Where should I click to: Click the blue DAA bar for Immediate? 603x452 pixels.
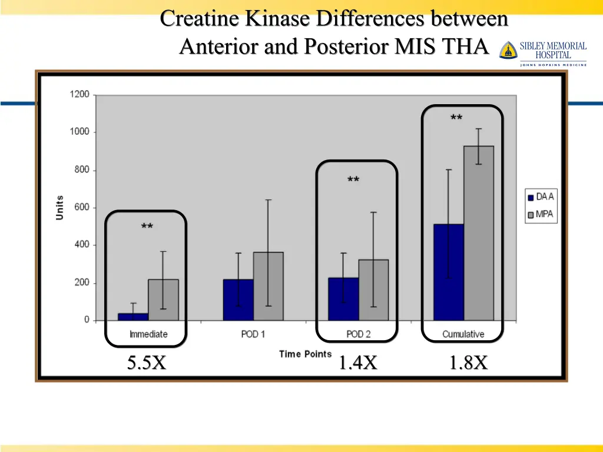(x=133, y=317)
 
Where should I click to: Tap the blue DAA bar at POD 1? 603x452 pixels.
(x=238, y=300)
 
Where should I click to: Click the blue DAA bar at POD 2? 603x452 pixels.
(x=343, y=299)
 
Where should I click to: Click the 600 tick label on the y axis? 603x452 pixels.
(x=81, y=207)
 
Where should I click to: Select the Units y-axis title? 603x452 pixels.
(x=59, y=208)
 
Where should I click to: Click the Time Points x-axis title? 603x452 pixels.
(x=306, y=354)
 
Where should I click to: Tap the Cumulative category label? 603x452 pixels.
(x=463, y=334)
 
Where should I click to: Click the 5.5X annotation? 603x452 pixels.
(x=147, y=363)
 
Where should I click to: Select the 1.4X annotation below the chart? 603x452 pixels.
(x=357, y=363)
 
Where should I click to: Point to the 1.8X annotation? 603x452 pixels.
(x=468, y=363)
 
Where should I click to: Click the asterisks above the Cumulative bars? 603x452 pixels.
(x=456, y=118)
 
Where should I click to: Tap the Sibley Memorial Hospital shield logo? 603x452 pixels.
(x=508, y=51)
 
